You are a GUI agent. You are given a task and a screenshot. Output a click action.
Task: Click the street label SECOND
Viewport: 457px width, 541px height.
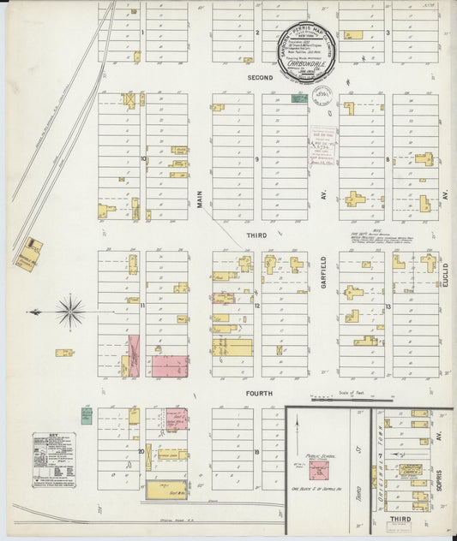coord(260,78)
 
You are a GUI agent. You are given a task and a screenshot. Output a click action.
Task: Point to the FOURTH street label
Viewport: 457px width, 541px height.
coord(260,394)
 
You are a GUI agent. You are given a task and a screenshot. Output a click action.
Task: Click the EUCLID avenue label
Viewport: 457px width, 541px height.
coord(447,276)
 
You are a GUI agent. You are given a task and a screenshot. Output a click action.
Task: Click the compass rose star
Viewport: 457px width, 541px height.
coord(70,310)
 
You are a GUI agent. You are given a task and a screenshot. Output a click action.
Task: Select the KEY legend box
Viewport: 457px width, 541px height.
coord(54,460)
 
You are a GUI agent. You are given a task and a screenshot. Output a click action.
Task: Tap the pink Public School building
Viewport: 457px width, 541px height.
coord(316,470)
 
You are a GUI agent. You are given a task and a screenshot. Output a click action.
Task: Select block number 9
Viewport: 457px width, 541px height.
coord(256,159)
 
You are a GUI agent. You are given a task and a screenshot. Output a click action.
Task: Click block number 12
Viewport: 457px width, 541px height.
coord(256,306)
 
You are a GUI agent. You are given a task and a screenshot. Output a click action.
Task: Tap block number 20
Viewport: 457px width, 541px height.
coord(141,450)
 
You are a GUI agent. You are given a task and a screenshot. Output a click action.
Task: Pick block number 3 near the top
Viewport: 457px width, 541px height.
coord(388,33)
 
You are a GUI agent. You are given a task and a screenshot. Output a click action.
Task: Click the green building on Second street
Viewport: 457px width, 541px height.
coord(299,98)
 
